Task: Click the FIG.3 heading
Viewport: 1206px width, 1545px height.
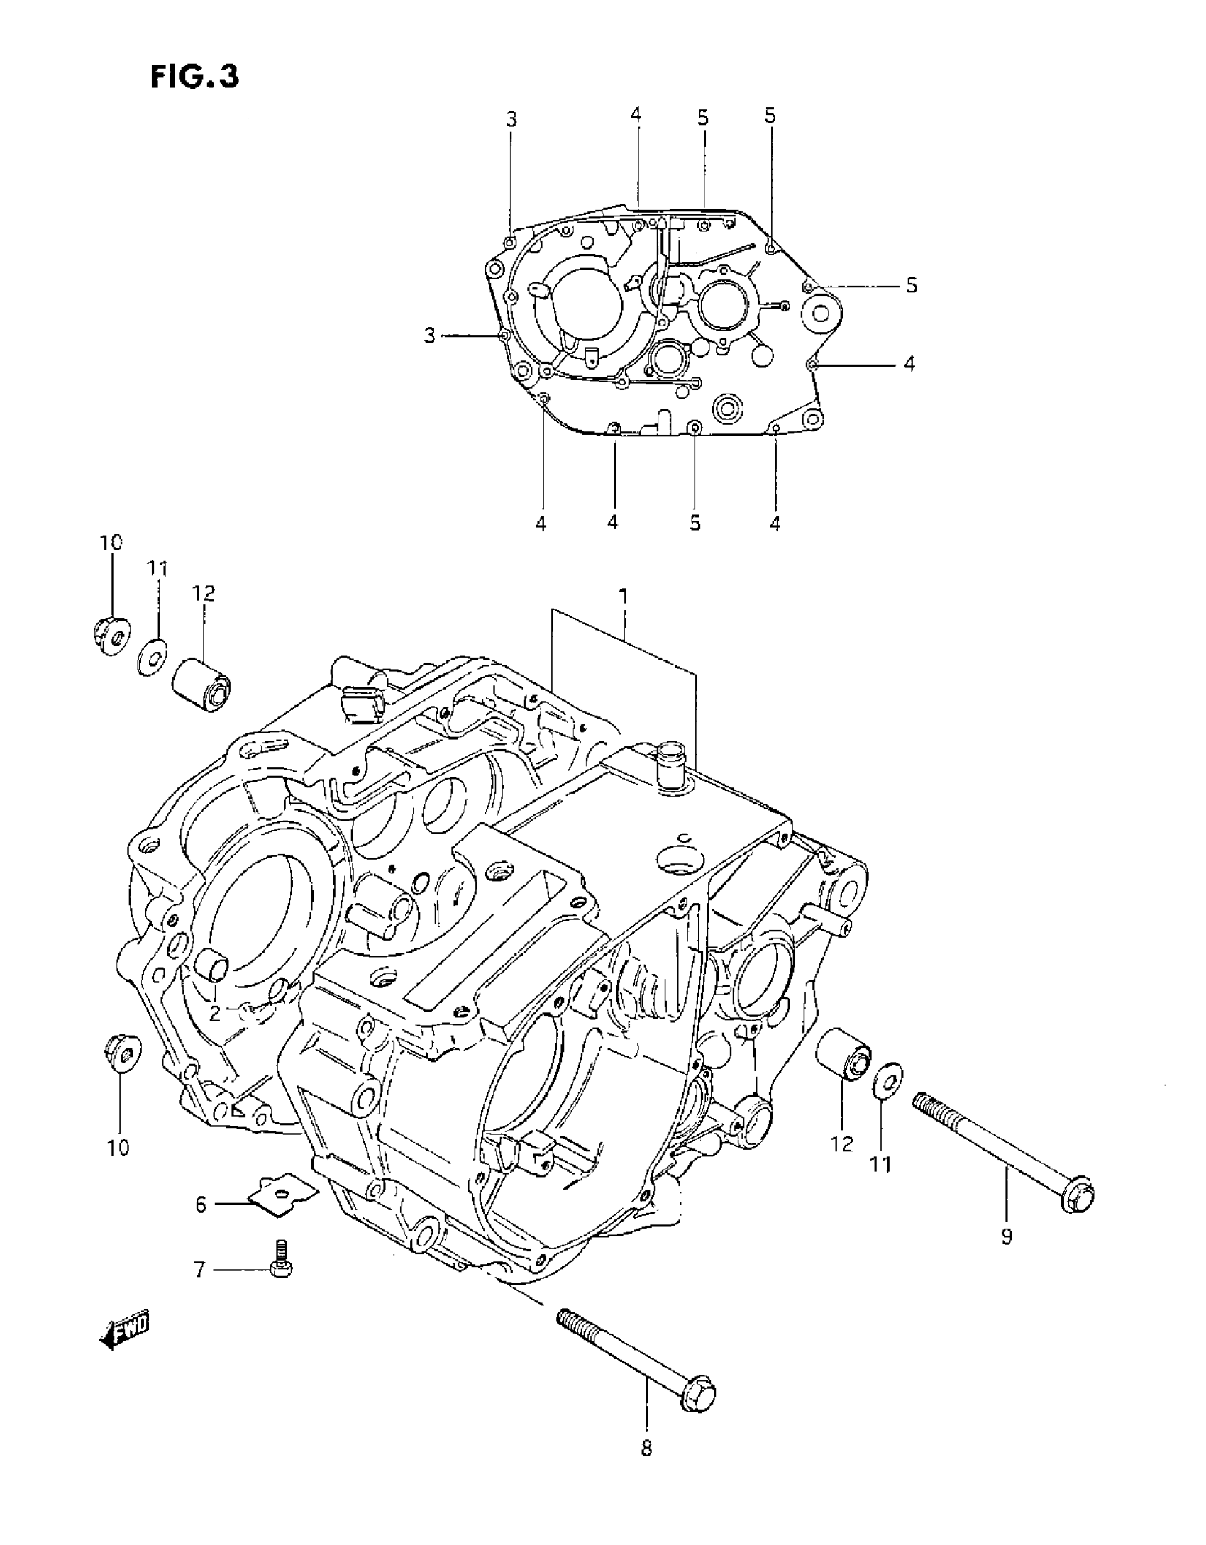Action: [x=195, y=77]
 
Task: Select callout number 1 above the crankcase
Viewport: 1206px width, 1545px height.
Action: [x=624, y=597]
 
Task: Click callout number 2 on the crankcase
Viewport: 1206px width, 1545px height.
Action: [x=215, y=1014]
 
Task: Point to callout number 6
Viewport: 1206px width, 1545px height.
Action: [x=201, y=1204]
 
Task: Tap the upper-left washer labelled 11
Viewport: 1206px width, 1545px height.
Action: [x=151, y=658]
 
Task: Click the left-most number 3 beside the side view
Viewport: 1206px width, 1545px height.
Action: [x=429, y=335]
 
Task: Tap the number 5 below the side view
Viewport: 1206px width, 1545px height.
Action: [x=695, y=523]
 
